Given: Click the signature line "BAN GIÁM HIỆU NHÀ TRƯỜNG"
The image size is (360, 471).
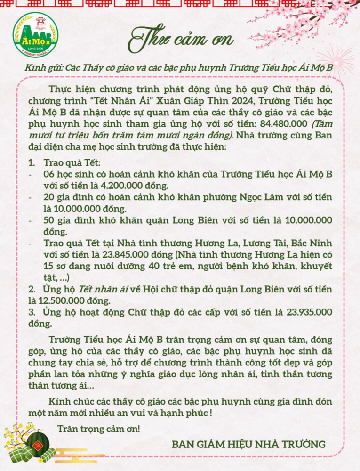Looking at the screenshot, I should tap(248, 444).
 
